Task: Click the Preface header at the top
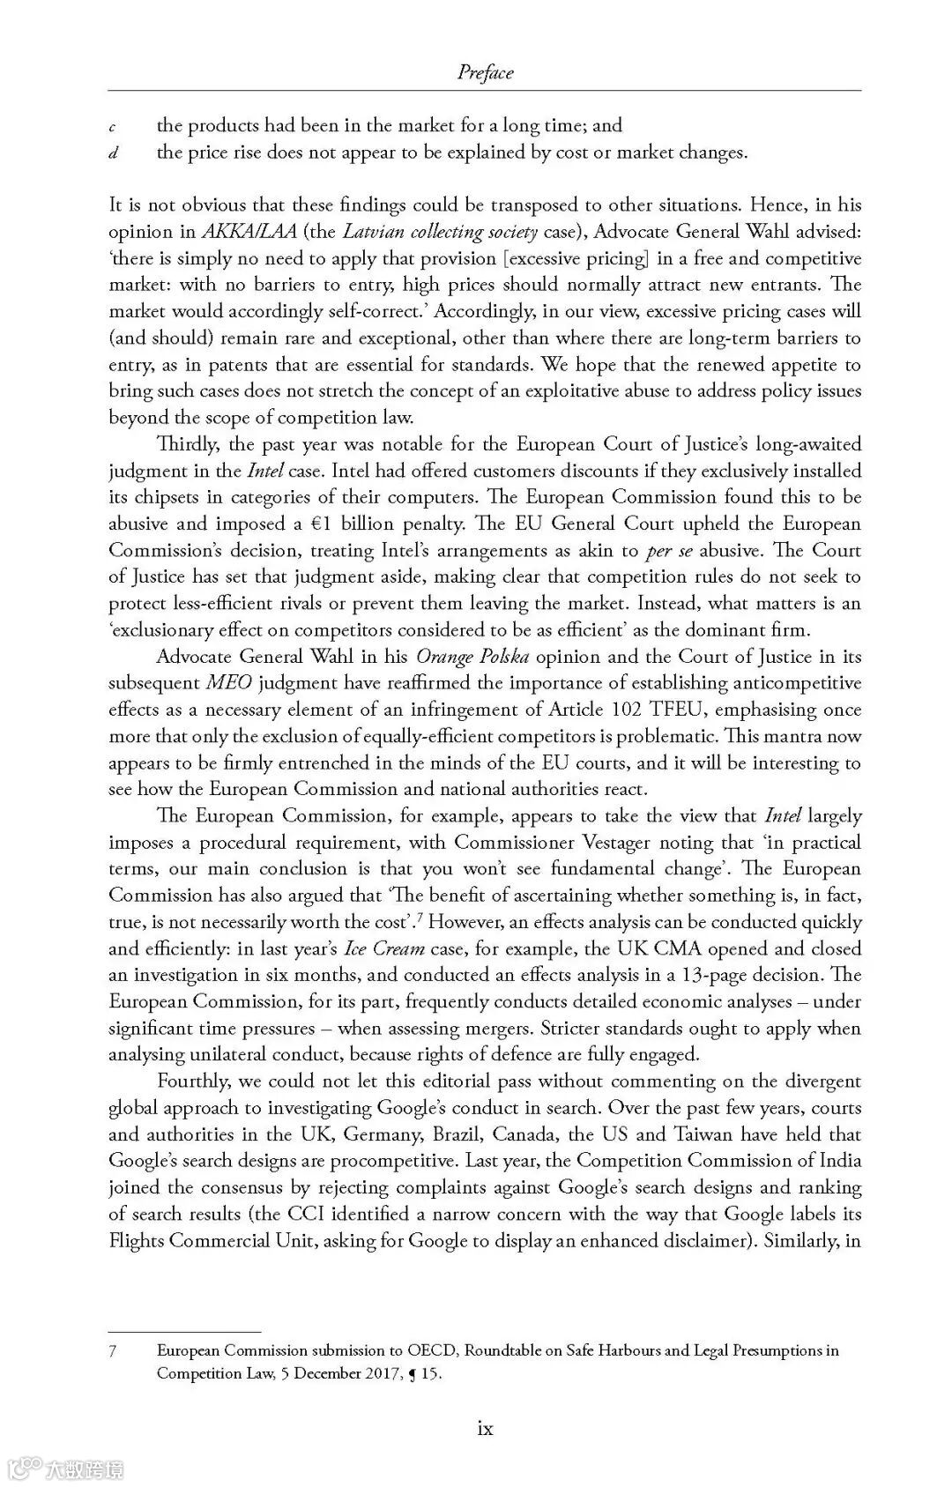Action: [x=485, y=72]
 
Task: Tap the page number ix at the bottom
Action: [x=485, y=1429]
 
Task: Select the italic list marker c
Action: [x=114, y=127]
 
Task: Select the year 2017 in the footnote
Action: [x=366, y=1373]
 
